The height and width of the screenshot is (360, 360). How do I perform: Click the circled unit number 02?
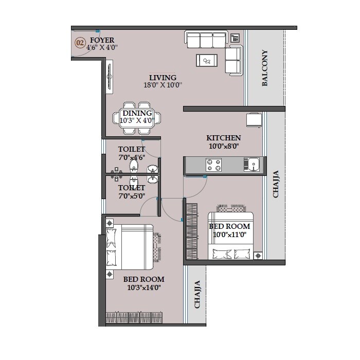pyautogui.click(x=80, y=43)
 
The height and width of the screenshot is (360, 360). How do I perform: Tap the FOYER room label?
pyautogui.click(x=102, y=40)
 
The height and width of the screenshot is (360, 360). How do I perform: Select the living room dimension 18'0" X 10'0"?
pyautogui.click(x=163, y=85)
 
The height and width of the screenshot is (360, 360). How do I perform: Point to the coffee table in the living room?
pyautogui.click(x=207, y=60)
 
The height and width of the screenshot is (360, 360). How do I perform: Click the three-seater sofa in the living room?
pyautogui.click(x=206, y=41)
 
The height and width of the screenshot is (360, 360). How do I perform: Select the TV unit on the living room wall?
pyautogui.click(x=110, y=77)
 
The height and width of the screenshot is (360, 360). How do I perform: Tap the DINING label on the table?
pyautogui.click(x=137, y=113)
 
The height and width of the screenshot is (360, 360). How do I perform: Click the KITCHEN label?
pyautogui.click(x=224, y=138)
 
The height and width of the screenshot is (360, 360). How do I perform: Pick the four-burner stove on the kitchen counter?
pyautogui.click(x=214, y=165)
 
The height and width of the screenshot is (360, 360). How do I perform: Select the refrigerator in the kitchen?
pyautogui.click(x=255, y=119)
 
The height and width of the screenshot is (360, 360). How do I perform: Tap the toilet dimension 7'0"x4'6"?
pyautogui.click(x=132, y=157)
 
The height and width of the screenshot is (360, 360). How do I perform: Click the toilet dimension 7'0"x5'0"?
pyautogui.click(x=132, y=195)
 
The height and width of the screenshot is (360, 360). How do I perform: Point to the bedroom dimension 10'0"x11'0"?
pyautogui.click(x=229, y=234)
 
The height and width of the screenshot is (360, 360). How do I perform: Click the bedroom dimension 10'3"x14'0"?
pyautogui.click(x=144, y=287)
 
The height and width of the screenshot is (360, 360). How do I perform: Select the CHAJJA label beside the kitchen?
pyautogui.click(x=276, y=184)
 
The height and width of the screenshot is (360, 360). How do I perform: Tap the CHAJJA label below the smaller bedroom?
pyautogui.click(x=197, y=294)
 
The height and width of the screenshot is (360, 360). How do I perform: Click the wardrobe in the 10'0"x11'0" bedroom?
pyautogui.click(x=191, y=231)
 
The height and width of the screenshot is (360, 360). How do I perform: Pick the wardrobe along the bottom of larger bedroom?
pyautogui.click(x=135, y=317)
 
